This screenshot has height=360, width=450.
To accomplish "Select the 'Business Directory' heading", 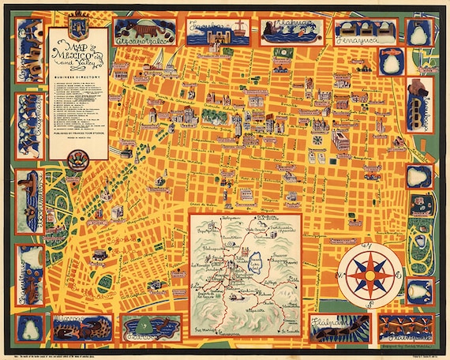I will click(77, 77).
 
